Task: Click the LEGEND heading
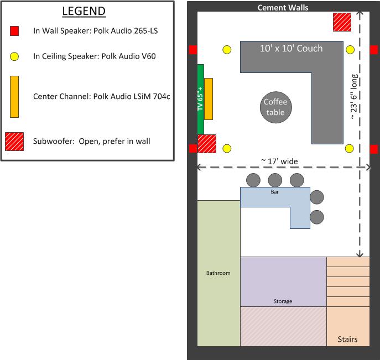click(84, 11)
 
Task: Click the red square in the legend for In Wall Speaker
click(14, 31)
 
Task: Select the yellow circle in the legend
click(14, 56)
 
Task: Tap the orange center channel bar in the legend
click(14, 97)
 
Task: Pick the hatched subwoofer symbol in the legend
click(14, 142)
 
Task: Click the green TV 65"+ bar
click(200, 100)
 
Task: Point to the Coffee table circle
click(276, 107)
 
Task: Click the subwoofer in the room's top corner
click(342, 22)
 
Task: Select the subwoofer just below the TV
click(207, 144)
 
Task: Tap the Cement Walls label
click(283, 8)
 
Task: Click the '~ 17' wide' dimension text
click(279, 161)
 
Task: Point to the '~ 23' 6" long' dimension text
click(354, 96)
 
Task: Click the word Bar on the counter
click(274, 192)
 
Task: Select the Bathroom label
click(218, 273)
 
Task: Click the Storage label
click(283, 301)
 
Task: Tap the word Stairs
click(347, 339)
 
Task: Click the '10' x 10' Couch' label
click(291, 49)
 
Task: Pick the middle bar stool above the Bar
click(275, 180)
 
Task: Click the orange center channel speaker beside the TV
click(209, 99)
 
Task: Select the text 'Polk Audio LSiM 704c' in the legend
click(132, 96)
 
